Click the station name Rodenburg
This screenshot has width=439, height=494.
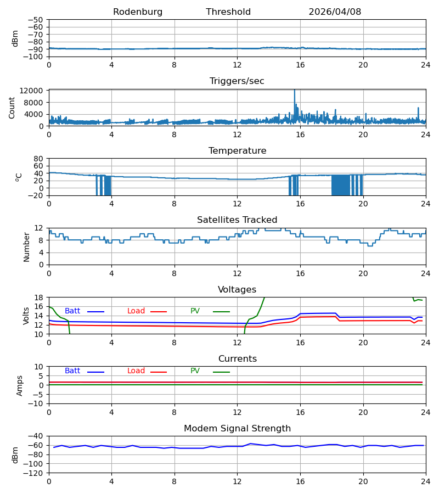click(138, 12)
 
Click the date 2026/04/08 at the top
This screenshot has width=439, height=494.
click(335, 12)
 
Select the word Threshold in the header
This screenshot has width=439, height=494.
click(228, 12)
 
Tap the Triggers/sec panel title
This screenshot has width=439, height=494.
click(237, 81)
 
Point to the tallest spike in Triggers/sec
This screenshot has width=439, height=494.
click(295, 91)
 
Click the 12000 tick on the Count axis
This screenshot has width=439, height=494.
click(31, 91)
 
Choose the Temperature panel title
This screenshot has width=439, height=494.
click(237, 150)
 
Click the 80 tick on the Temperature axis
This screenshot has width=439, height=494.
click(38, 159)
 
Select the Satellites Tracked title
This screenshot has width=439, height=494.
click(237, 220)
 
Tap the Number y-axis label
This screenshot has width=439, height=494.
click(26, 247)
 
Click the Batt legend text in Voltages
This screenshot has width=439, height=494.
click(72, 311)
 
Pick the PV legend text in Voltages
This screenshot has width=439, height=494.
click(195, 311)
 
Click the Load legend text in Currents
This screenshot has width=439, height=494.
click(136, 371)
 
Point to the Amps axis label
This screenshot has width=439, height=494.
click(20, 386)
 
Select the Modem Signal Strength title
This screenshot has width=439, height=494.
click(237, 429)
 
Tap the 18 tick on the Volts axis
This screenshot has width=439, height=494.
click(38, 297)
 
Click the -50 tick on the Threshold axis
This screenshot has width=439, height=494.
click(35, 20)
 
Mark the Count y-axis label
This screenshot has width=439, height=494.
click(12, 108)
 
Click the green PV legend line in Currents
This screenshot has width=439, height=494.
click(221, 372)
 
